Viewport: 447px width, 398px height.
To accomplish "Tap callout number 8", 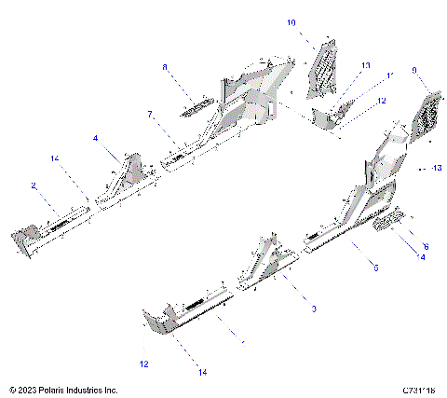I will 165,67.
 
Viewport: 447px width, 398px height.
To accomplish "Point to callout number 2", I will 34,185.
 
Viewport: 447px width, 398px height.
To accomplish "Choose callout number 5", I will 375,268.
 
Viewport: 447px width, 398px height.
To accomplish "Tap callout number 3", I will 314,308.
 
